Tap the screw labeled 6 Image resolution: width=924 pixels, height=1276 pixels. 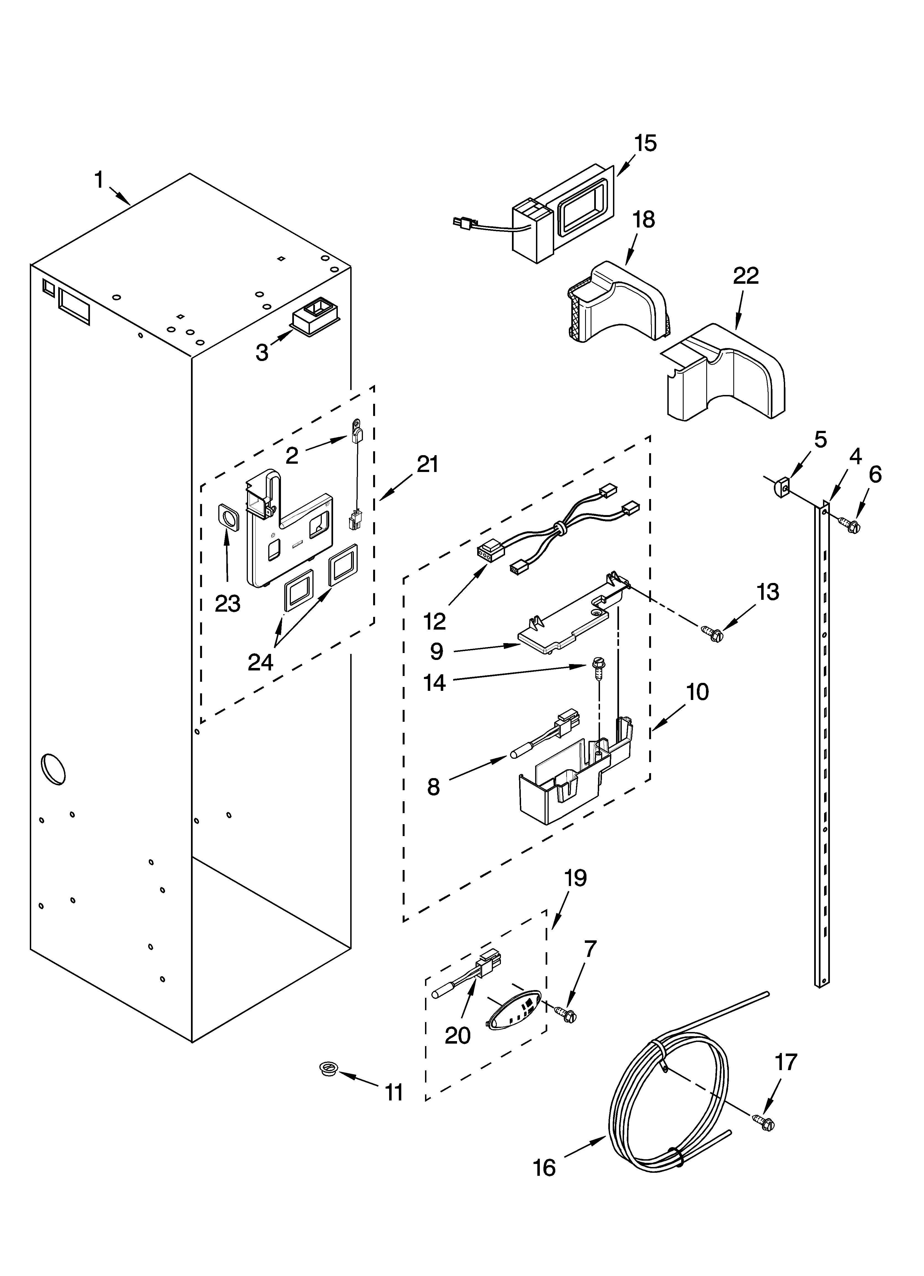pyautogui.click(x=851, y=526)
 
